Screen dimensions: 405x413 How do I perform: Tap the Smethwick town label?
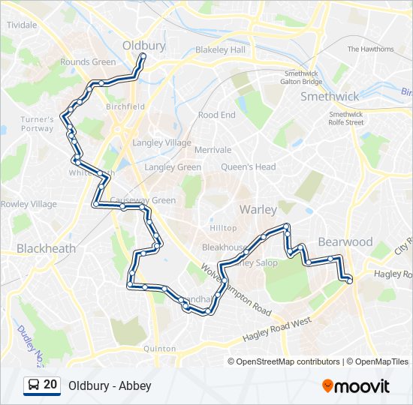[x=330, y=96]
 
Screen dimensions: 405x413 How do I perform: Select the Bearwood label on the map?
[x=345, y=241]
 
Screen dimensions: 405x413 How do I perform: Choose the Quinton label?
[x=159, y=349]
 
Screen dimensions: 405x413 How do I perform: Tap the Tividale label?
[x=22, y=25]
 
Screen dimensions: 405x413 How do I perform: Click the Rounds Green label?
[x=89, y=62]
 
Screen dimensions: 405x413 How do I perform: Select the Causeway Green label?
[x=143, y=200]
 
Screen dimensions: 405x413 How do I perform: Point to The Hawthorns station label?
[x=370, y=49]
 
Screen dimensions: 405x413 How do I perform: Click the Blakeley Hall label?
[x=220, y=49]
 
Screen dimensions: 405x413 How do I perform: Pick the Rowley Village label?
[x=29, y=204]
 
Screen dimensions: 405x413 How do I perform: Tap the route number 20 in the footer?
[x=51, y=385]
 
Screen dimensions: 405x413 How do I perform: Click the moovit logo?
[x=356, y=386]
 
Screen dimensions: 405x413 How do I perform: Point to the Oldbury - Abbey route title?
[x=110, y=386]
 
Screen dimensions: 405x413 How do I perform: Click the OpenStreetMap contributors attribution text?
[x=288, y=361]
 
